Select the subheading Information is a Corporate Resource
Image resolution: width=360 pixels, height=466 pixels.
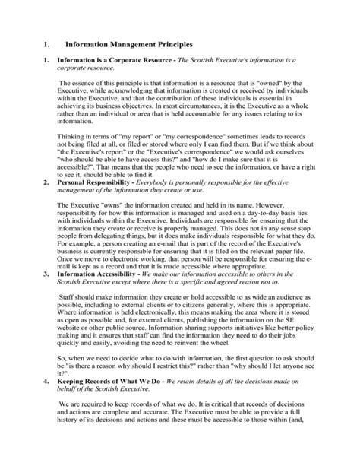[x=126, y=59]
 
